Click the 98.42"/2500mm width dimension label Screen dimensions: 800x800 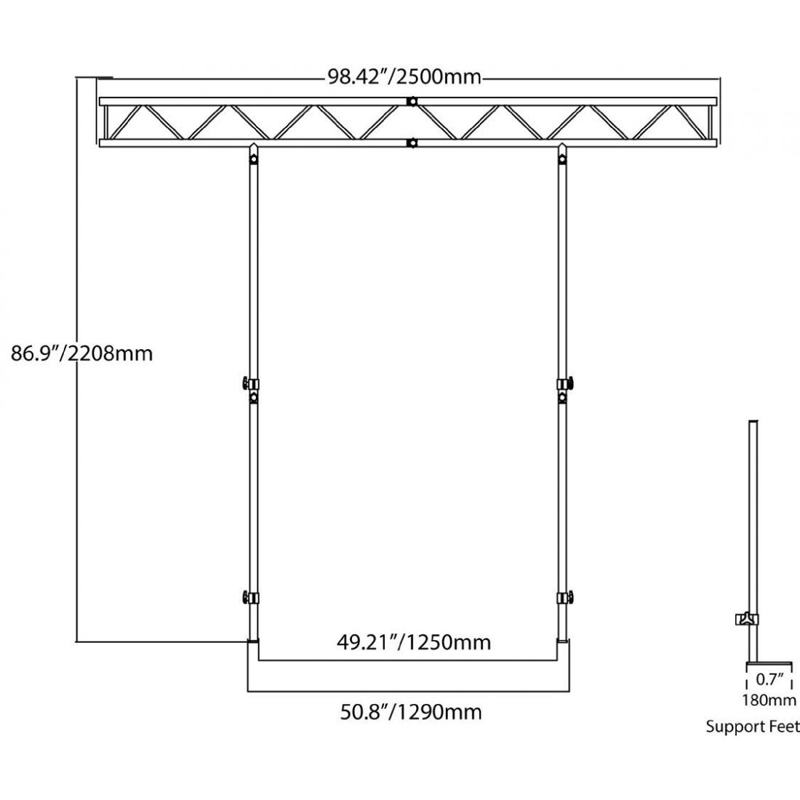point(404,77)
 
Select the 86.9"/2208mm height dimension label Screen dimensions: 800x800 point(81,353)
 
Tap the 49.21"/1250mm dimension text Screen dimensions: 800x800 point(413,642)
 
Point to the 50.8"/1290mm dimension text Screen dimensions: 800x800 point(411,711)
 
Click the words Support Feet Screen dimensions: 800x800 point(752,727)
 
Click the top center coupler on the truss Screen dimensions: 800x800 point(412,102)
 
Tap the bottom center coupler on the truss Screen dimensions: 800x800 point(412,143)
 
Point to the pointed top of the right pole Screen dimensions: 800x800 point(562,155)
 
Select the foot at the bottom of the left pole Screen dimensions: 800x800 point(252,641)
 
